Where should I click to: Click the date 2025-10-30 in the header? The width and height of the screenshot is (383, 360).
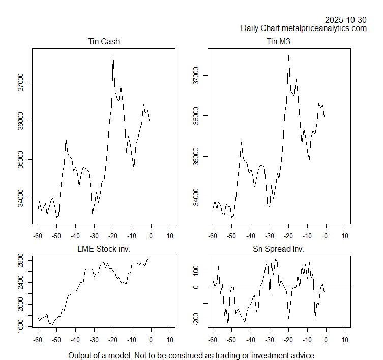click(x=346, y=20)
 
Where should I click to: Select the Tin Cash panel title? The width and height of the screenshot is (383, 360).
click(x=104, y=41)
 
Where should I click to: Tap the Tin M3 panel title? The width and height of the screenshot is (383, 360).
click(x=278, y=41)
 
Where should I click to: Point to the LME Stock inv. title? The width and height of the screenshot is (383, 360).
click(x=104, y=249)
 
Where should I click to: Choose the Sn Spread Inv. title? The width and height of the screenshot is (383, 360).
click(x=278, y=249)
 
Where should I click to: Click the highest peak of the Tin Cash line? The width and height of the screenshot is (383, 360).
click(x=113, y=55)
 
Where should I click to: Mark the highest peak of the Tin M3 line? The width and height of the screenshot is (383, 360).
click(x=288, y=55)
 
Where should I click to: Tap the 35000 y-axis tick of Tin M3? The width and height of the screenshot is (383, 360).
click(x=196, y=156)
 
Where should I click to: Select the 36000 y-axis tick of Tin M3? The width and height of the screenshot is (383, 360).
click(x=196, y=116)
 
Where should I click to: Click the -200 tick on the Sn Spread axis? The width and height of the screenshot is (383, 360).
click(x=196, y=319)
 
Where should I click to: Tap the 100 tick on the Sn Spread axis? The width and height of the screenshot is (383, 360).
click(x=196, y=271)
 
